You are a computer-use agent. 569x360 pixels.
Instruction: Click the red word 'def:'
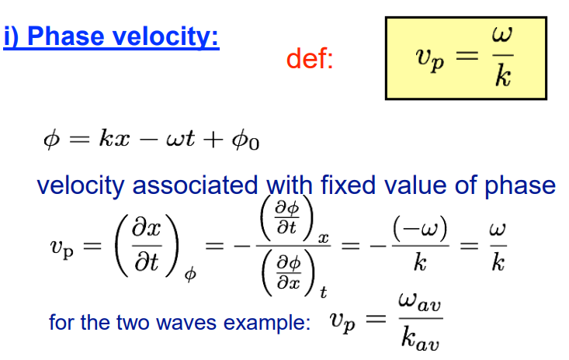point(310,59)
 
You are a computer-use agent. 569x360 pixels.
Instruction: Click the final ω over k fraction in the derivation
point(498,246)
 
